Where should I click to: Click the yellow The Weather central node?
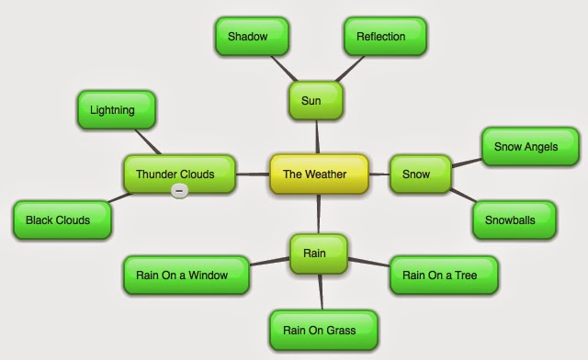[x=319, y=174]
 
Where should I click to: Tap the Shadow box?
[x=252, y=36]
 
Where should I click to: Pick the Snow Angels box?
[x=531, y=146]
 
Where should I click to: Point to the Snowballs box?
[x=514, y=219]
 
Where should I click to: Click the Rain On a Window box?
[x=187, y=275]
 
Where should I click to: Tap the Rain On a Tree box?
[x=445, y=274]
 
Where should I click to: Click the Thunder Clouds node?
[x=180, y=174]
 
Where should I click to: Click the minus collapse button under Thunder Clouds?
[x=180, y=190]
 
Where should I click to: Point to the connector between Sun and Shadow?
[x=285, y=69]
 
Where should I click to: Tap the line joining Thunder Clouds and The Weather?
[x=252, y=173]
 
